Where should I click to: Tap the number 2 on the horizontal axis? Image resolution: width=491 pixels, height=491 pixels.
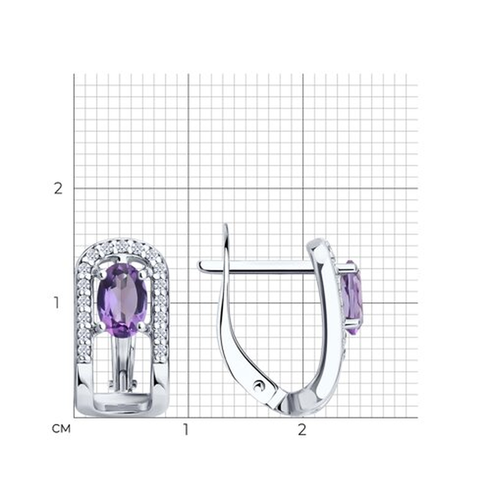pyautogui.click(x=302, y=429)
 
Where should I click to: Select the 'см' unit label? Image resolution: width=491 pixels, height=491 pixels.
pyautogui.click(x=61, y=429)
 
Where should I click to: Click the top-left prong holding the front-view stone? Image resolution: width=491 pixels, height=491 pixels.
pyautogui.click(x=103, y=274)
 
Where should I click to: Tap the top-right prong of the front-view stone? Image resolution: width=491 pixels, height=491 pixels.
pyautogui.click(x=142, y=274)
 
